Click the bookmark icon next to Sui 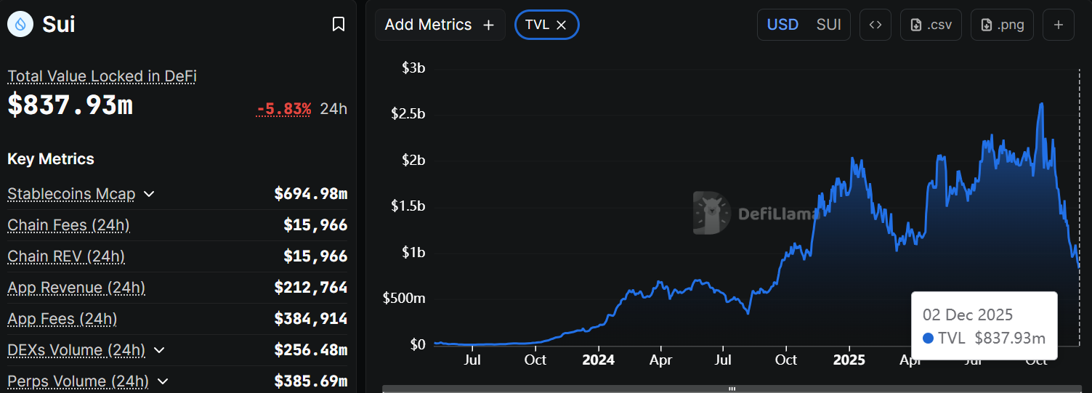(x=338, y=25)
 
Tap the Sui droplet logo (x=20, y=25)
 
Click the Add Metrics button (x=440, y=25)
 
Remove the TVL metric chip (x=561, y=25)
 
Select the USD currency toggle (x=782, y=25)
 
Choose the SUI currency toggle (x=828, y=25)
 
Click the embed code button (x=875, y=25)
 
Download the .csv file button (x=931, y=25)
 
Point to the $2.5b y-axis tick (x=408, y=114)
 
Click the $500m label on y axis (x=404, y=299)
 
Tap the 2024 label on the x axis (x=598, y=360)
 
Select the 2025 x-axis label (x=849, y=360)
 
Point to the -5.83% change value (x=283, y=109)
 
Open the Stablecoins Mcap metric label (x=71, y=194)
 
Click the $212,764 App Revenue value (x=310, y=288)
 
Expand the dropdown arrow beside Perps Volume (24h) (x=163, y=381)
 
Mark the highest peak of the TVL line (x=1042, y=104)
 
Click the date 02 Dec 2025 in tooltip (x=967, y=315)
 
